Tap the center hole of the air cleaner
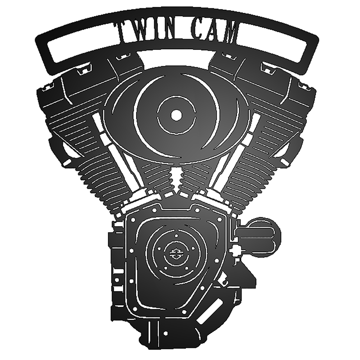176,114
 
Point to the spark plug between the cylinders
176,181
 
